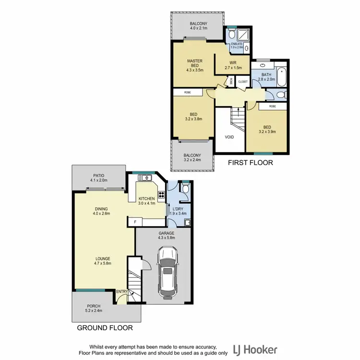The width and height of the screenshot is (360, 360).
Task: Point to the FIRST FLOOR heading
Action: tap(251, 163)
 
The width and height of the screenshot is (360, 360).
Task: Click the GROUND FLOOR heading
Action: tap(105, 328)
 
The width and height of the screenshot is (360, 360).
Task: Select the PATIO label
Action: tap(97, 176)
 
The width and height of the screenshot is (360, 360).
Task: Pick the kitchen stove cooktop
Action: tap(161, 195)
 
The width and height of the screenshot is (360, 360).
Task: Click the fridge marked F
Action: tap(136, 222)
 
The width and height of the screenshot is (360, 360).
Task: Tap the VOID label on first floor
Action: tap(230, 137)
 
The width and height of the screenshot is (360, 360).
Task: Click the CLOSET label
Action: tap(243, 82)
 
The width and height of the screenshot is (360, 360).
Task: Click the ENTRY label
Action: tap(122, 291)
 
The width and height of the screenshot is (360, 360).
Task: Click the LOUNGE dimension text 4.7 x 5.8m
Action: tap(104, 263)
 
